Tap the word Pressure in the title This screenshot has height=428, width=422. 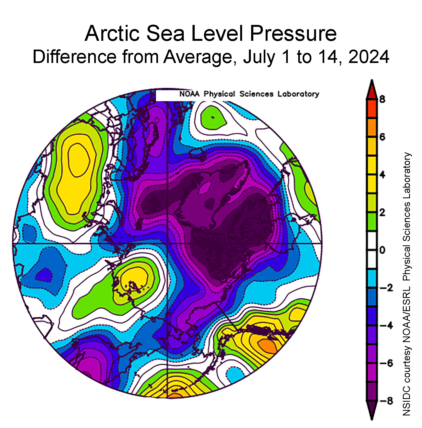coord(293,33)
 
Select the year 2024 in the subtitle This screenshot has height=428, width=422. coord(369,57)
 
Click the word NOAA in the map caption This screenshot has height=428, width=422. coord(190,94)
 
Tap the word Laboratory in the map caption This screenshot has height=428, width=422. coord(298,94)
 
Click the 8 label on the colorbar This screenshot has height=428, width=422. coord(382,99)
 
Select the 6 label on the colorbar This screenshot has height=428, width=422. coord(382,137)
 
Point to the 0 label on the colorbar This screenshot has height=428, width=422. coord(382,250)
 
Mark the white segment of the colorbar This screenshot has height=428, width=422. coord(372,250)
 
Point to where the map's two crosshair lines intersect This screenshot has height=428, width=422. coord(167,243)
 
